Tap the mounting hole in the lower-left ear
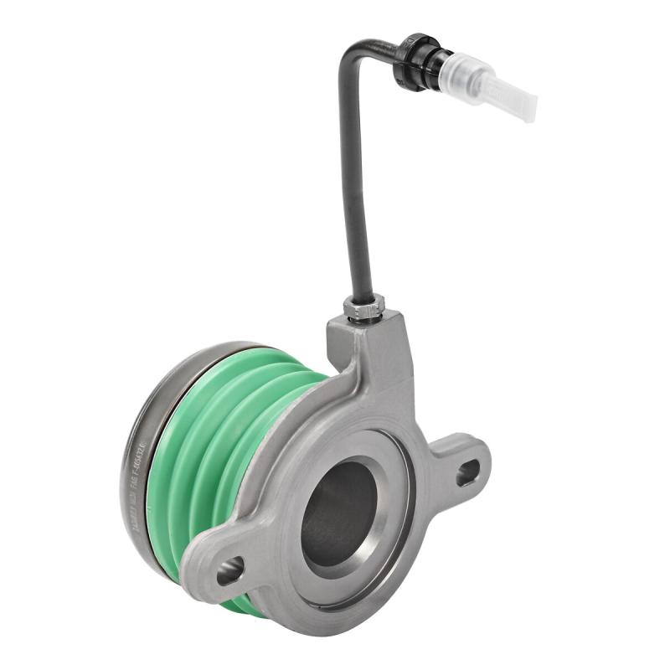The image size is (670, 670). click(x=229, y=570)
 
